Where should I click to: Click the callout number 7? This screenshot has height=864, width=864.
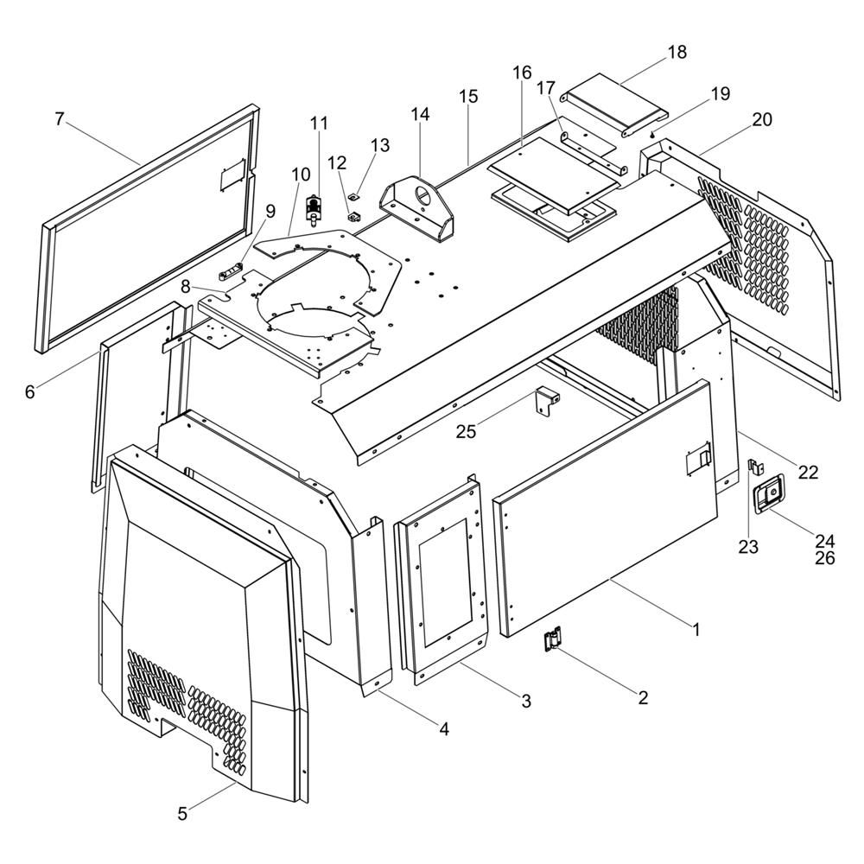60,118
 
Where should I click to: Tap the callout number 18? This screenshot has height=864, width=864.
677,52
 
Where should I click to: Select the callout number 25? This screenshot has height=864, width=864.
466,431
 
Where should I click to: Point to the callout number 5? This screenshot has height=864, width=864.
182,813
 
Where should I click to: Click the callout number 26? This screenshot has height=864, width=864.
825,558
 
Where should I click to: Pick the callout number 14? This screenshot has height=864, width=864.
420,114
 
